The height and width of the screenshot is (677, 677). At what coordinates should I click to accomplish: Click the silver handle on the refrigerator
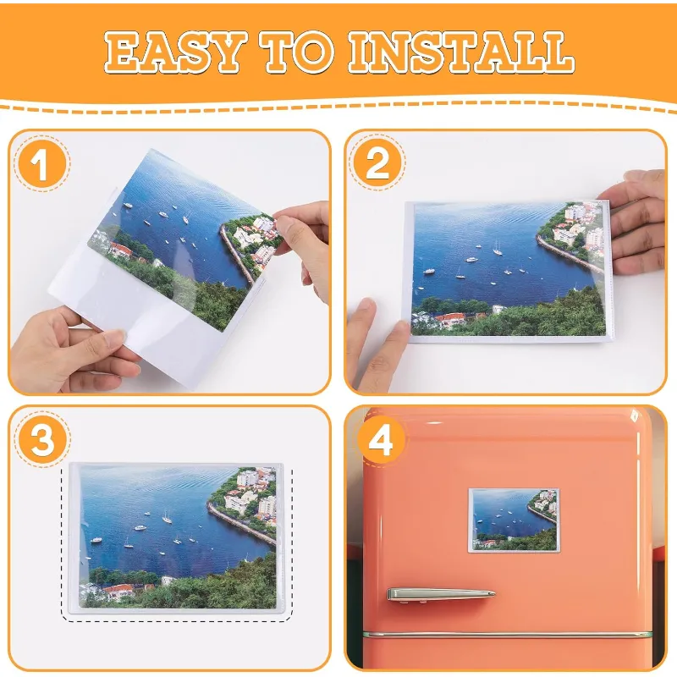440,594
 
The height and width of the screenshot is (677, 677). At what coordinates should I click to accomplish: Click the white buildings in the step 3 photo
251,495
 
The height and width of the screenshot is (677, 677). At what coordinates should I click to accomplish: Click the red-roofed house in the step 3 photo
118,590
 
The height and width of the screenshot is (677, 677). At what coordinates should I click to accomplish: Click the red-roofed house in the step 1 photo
121,250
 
